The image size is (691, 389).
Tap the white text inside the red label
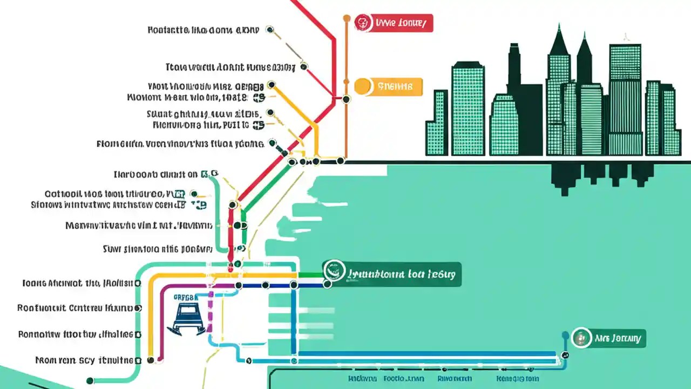point(400,23)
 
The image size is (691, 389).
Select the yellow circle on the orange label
point(363,85)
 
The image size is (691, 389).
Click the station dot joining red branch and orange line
point(346,99)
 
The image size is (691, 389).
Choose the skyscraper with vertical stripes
point(625,100)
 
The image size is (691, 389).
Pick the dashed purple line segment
point(211,313)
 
